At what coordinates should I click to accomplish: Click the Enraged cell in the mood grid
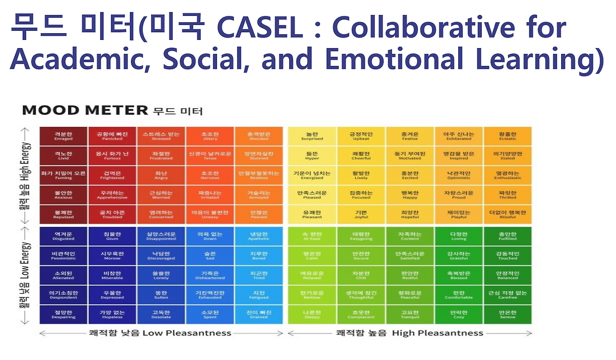point(64,136)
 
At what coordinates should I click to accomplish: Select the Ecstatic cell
point(508,136)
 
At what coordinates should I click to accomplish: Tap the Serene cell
point(508,314)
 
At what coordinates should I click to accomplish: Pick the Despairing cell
point(64,314)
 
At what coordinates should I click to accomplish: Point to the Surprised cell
point(312,136)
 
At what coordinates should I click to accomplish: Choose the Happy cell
point(410,195)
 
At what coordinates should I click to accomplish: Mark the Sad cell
point(210,256)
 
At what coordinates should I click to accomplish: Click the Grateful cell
point(459,256)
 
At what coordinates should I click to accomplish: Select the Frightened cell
point(113,175)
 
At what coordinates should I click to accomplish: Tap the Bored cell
point(259,256)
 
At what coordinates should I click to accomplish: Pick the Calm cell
point(312,256)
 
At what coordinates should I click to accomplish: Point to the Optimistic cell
point(459,175)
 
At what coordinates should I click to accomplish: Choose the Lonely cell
point(161,275)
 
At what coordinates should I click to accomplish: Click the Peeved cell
point(259,214)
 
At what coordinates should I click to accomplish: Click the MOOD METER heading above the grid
point(85,110)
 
